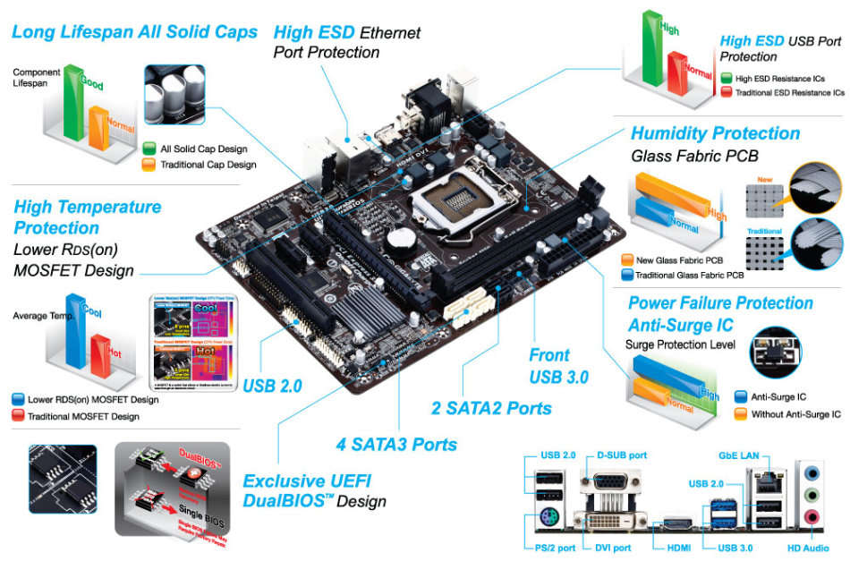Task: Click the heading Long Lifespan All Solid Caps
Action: pos(134,32)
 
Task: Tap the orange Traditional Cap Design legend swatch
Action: pos(149,165)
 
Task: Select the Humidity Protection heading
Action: pos(715,134)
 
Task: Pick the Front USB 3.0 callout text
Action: pos(558,366)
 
